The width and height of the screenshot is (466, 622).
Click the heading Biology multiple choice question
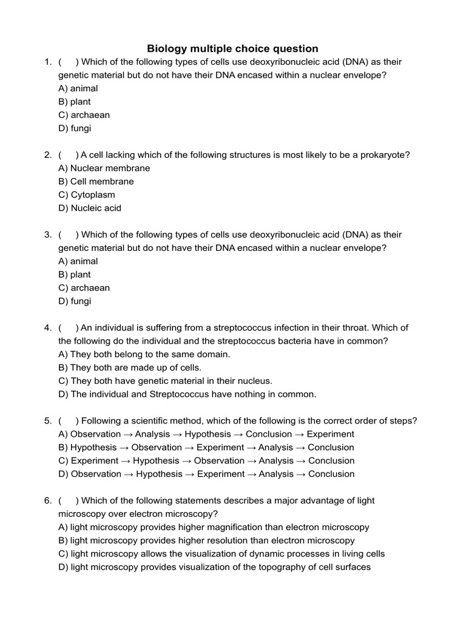click(x=232, y=49)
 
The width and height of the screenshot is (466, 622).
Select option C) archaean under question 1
click(x=84, y=115)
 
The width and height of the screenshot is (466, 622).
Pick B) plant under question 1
click(x=74, y=101)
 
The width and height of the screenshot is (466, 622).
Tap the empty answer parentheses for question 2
click(x=68, y=155)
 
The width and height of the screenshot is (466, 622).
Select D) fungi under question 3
click(x=75, y=301)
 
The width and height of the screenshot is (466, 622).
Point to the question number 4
click(x=47, y=328)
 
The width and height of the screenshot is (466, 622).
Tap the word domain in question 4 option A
click(x=214, y=354)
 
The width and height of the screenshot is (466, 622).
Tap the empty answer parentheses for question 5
click(x=68, y=421)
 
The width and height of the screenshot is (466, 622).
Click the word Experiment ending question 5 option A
click(x=330, y=434)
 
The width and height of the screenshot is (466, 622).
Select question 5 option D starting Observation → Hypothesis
click(x=206, y=474)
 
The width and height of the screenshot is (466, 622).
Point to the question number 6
click(x=47, y=501)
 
